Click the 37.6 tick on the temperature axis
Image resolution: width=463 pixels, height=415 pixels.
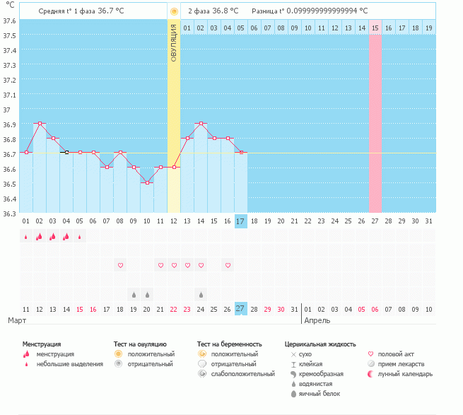9,21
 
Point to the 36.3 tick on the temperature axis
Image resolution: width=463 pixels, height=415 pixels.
9,212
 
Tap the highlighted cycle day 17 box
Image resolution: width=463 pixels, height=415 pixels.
241,221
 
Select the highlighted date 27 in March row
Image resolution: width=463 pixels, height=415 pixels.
241,309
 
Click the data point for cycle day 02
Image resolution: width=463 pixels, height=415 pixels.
40,123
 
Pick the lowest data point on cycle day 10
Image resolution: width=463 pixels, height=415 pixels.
147,182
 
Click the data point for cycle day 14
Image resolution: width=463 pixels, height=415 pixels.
201,123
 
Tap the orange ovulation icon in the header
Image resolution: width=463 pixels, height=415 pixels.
174,11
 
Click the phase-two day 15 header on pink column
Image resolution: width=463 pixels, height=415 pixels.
375,28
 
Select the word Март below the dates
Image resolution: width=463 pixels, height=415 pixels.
17,320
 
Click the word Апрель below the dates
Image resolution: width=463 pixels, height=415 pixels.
317,320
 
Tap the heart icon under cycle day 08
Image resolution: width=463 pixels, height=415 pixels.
120,265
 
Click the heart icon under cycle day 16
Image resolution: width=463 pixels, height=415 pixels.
228,265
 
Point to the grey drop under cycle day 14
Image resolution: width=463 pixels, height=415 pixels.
201,294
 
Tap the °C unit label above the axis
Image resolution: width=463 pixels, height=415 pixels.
10,5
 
